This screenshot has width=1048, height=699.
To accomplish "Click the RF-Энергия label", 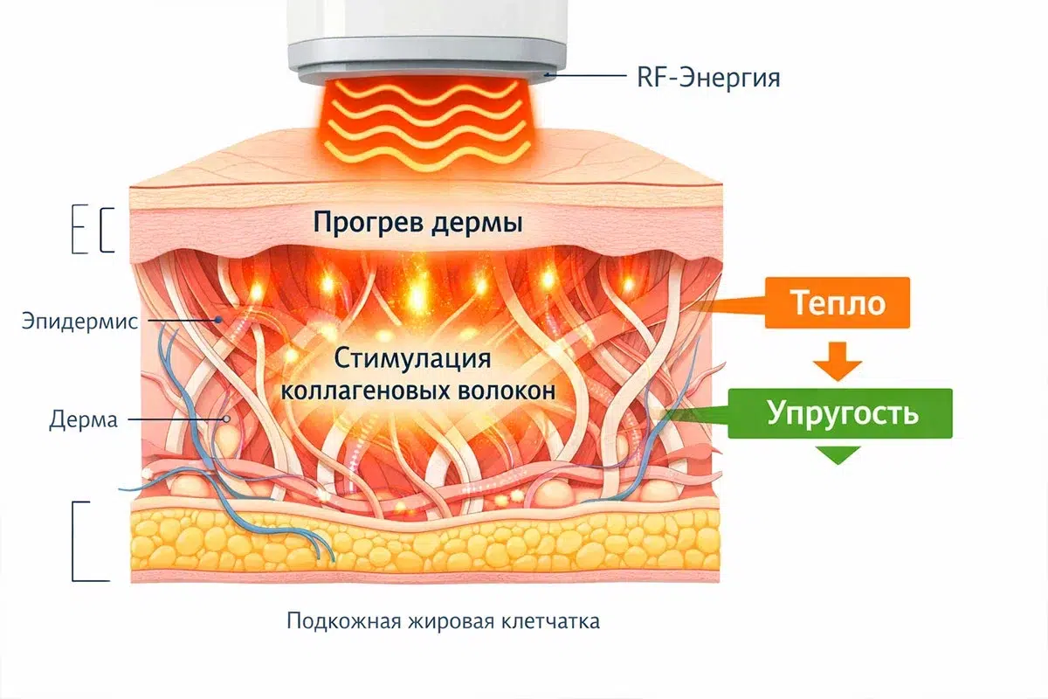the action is coord(708,78).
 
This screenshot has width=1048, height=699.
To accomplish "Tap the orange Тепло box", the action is coord(838,303).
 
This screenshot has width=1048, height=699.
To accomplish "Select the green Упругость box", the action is coord(840,413).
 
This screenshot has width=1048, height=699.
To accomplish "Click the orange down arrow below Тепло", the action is coord(838,361).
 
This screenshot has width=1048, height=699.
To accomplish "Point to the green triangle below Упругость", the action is coord(838,454).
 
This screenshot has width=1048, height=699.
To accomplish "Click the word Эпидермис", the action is coord(79,322).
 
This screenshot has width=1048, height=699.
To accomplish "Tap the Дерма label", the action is coord(83,419).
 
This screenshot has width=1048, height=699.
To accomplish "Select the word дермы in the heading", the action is coord(476,224).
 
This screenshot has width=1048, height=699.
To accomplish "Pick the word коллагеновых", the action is coord(365,391).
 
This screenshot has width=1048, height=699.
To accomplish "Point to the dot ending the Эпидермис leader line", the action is coord(218,320).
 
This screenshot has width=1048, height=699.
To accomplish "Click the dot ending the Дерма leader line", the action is coord(226,419).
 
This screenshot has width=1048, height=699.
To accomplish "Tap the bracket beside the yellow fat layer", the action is coord(73,541).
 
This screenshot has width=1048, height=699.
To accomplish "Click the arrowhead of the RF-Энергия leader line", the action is coord(548,75).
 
